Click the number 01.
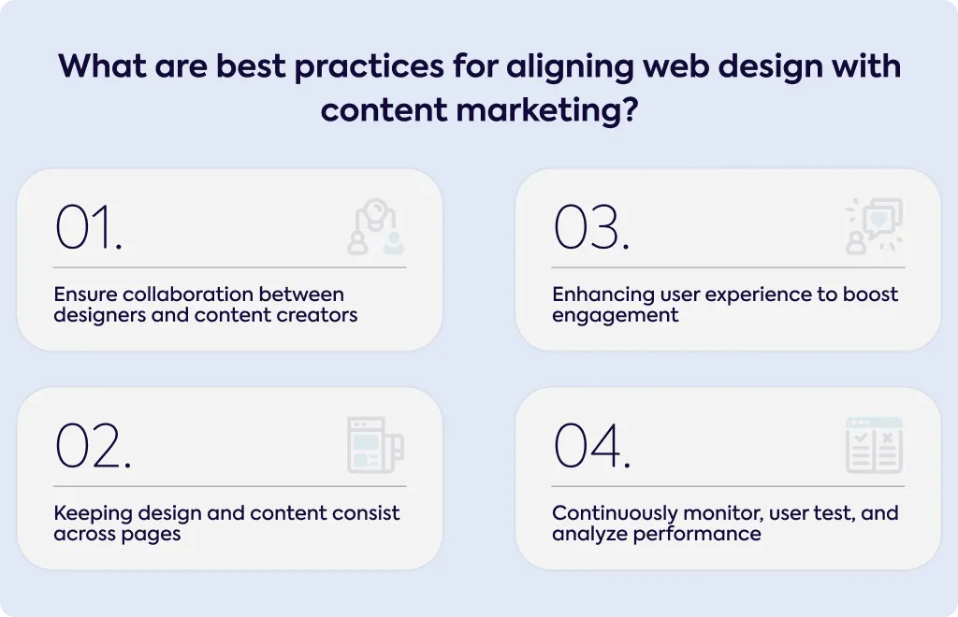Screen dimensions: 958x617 89,227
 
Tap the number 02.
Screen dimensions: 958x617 93,446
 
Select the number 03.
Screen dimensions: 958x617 591,227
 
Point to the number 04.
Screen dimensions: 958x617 592,446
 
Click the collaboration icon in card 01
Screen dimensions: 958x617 376,226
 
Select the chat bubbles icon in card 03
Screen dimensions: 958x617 875,226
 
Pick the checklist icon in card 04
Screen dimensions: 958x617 875,445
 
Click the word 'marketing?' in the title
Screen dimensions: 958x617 546,111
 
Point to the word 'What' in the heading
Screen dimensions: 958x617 102,66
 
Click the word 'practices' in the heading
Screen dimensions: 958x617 369,67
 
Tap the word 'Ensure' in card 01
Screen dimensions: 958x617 85,294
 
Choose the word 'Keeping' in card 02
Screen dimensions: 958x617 93,514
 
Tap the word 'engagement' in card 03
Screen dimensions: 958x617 616,316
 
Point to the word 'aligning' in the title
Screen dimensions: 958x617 570,67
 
